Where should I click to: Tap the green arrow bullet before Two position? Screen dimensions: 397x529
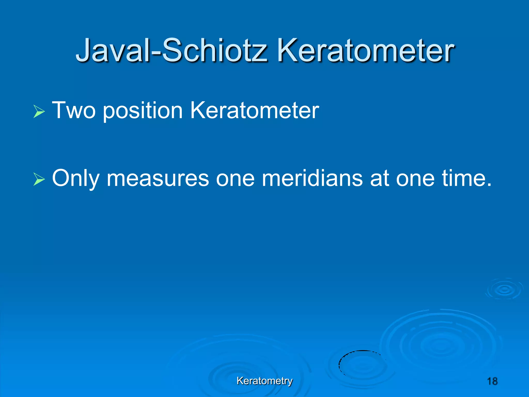[x=39, y=112]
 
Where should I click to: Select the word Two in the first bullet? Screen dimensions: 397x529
[x=74, y=111]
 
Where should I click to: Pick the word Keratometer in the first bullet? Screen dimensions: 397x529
[x=254, y=111]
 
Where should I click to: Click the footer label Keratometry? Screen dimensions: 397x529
[x=264, y=381]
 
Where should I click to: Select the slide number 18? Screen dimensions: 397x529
[x=492, y=381]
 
